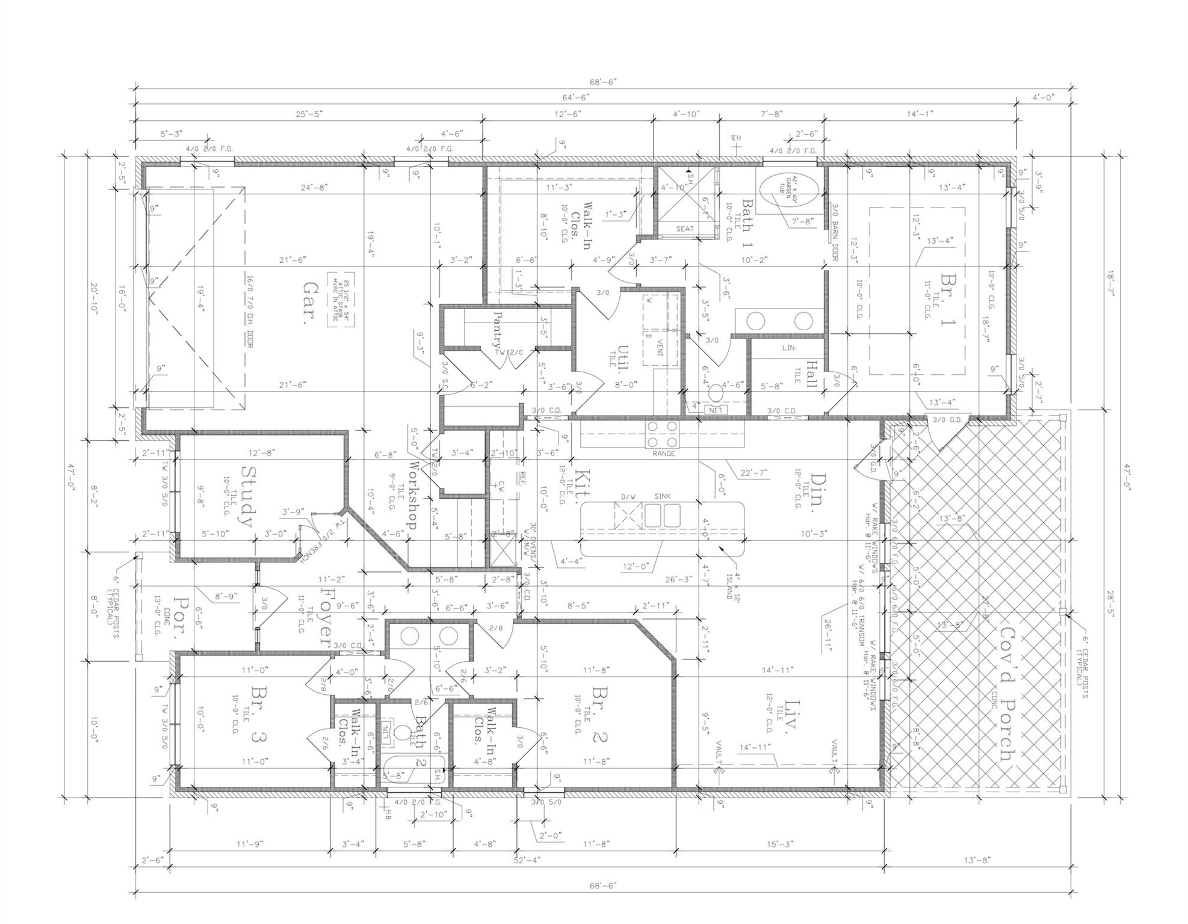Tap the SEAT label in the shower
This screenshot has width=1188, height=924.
click(685, 229)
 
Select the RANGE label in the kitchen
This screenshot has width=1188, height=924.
click(664, 454)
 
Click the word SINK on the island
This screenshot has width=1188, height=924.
click(663, 496)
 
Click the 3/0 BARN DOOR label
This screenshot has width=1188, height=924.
click(836, 232)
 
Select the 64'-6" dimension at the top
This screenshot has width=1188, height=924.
click(576, 97)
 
